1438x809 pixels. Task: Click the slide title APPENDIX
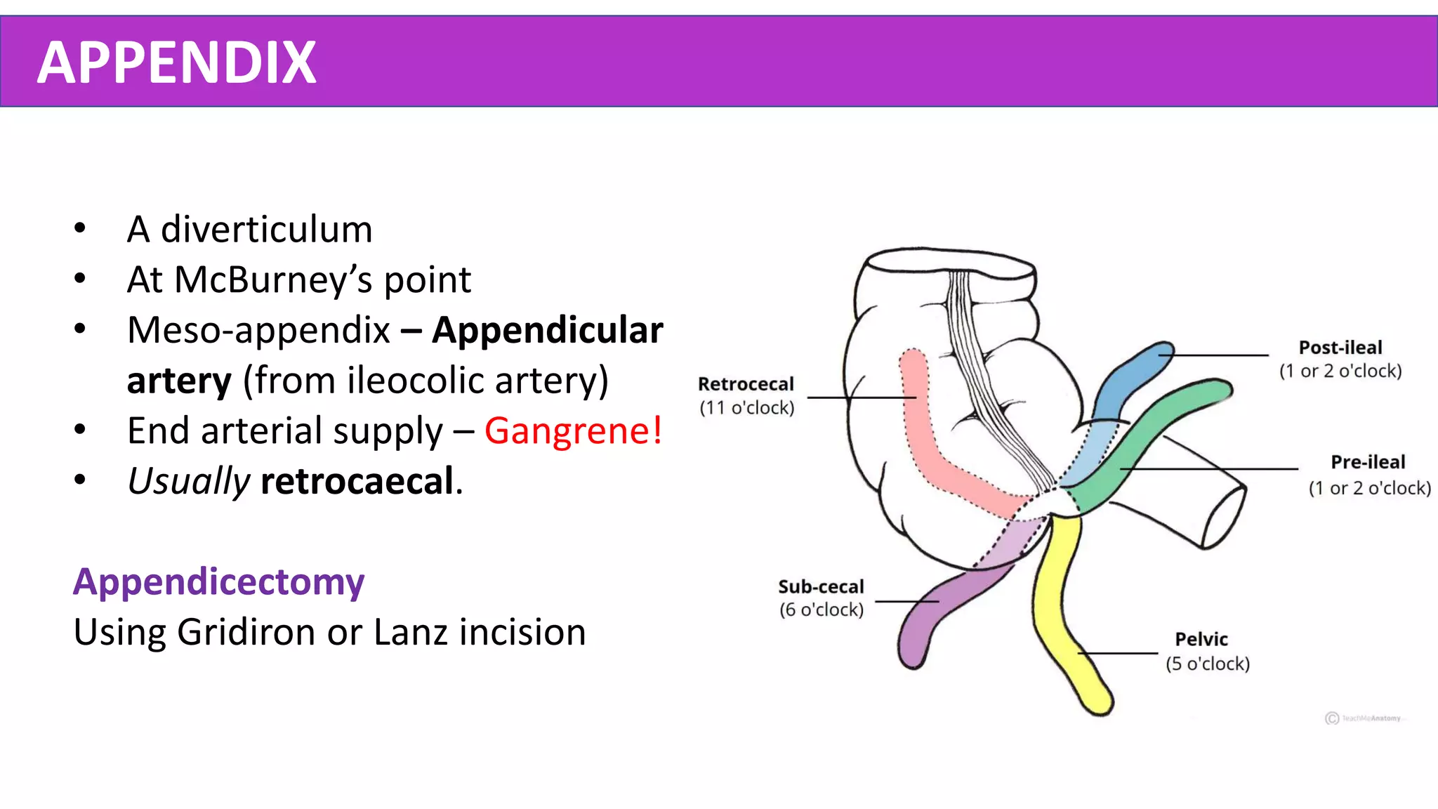tap(176, 63)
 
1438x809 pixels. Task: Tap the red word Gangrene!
tap(573, 430)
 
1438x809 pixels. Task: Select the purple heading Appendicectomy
tap(219, 582)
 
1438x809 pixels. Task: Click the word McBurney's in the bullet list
tap(274, 279)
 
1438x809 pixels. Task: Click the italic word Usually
tap(188, 482)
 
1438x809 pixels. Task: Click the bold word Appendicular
tap(547, 330)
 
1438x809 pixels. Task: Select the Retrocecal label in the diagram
tap(746, 384)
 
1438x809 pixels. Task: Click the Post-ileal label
tap(1340, 348)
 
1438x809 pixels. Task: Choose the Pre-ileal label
tap(1368, 462)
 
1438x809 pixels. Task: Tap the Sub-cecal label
tap(821, 586)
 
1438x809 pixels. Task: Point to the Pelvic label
tap(1201, 639)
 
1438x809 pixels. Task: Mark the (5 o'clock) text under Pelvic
tap(1208, 664)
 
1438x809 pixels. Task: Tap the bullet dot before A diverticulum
tap(80, 228)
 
